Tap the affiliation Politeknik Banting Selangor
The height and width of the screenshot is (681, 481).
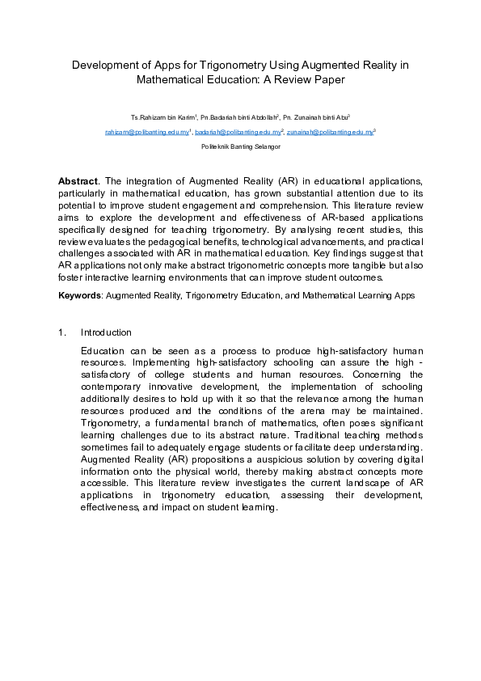point(240,146)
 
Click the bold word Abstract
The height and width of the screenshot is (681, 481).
point(78,180)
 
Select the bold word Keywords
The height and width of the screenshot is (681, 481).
point(79,296)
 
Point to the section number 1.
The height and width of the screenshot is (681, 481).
point(61,333)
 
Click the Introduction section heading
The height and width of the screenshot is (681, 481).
point(106,333)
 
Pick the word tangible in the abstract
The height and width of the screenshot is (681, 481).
point(320,264)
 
